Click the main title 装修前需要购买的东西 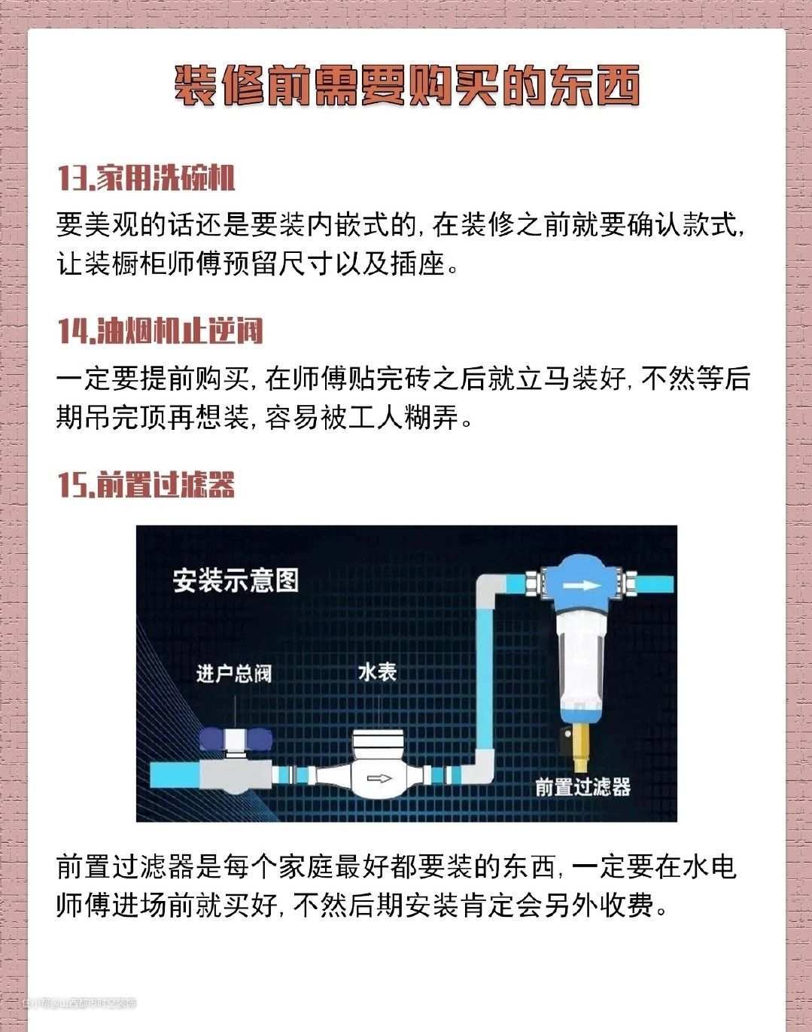point(406,87)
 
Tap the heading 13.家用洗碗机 point(147,178)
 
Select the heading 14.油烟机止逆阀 point(161,331)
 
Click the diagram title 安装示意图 point(236,581)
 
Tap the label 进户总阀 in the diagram point(234,674)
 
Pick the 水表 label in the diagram point(378,672)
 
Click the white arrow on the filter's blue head point(582,586)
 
